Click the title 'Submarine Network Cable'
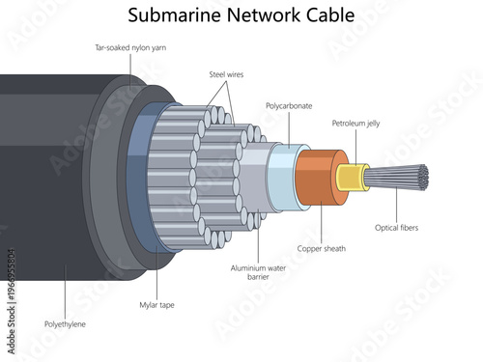coord(241,15)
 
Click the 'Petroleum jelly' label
coord(355,124)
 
